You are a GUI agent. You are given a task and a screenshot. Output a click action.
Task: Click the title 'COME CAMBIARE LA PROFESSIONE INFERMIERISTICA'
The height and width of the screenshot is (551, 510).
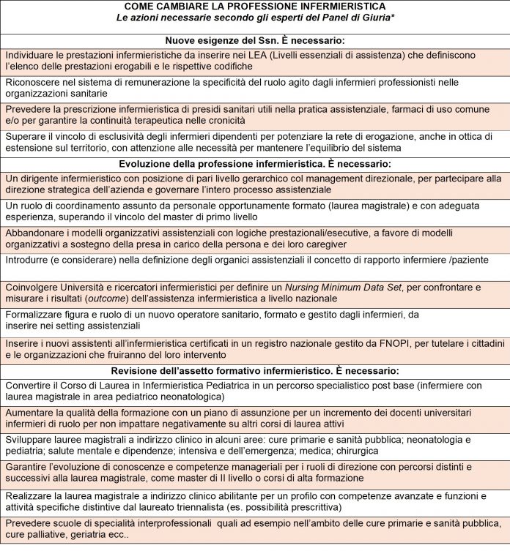click(x=254, y=6)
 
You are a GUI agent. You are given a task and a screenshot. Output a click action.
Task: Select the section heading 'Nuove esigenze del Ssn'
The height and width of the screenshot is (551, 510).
click(x=254, y=41)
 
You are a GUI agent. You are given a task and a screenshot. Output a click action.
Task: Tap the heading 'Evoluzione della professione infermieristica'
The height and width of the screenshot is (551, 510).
click(x=254, y=163)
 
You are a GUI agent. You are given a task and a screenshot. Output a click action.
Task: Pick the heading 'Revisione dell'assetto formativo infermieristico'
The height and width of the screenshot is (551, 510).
click(x=254, y=370)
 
